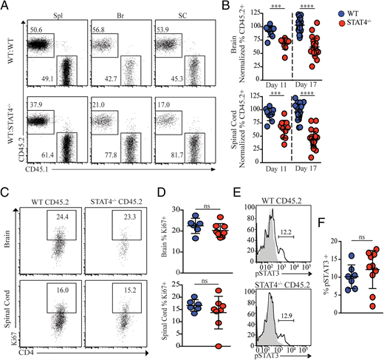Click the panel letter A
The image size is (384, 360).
(x=7, y=7)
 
